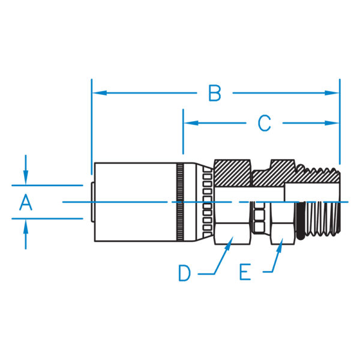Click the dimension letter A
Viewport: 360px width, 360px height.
coord(25,203)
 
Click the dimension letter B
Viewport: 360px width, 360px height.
coord(215,93)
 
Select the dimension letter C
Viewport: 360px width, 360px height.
coord(265,123)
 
